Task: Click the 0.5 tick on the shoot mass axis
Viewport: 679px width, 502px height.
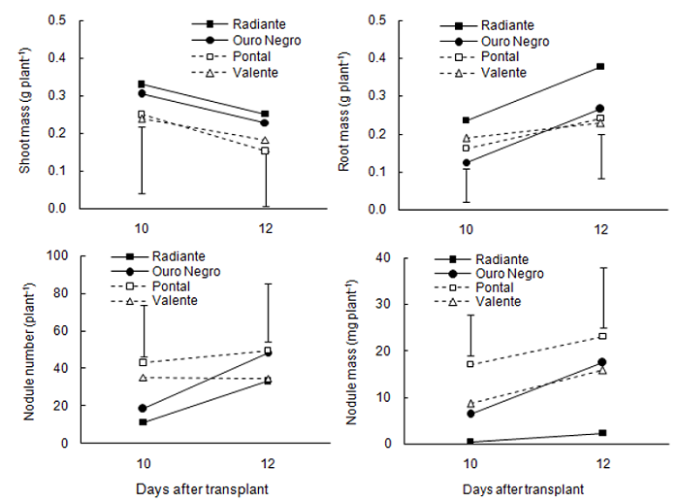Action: [56, 20]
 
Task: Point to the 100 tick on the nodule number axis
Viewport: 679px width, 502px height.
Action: [54, 255]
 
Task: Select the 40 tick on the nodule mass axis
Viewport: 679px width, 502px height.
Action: [380, 257]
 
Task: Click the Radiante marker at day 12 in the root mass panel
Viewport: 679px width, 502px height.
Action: [600, 66]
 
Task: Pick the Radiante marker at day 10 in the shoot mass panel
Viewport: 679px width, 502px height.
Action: [142, 84]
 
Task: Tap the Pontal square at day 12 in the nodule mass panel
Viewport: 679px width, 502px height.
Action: [602, 336]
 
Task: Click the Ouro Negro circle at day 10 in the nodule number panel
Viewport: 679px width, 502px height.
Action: [143, 409]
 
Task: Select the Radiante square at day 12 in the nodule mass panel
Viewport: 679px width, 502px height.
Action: [602, 433]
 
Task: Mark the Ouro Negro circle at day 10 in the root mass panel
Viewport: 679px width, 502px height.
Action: [467, 162]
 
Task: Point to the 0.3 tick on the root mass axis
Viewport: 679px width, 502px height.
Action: [380, 96]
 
